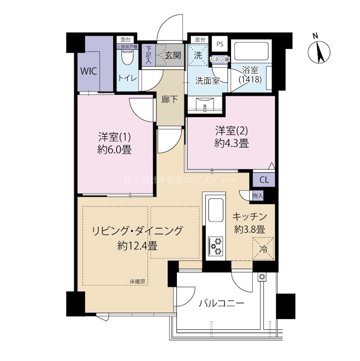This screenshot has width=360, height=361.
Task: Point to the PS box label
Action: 220,44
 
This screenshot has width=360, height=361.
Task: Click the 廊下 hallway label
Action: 170,100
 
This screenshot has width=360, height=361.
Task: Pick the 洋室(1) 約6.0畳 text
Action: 116,142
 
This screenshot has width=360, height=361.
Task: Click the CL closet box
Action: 264,180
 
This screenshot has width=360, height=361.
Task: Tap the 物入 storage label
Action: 258,195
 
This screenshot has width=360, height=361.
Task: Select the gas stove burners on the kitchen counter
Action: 215,245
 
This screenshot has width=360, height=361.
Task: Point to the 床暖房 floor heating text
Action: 138,282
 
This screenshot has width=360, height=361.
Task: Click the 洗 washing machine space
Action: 198,56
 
